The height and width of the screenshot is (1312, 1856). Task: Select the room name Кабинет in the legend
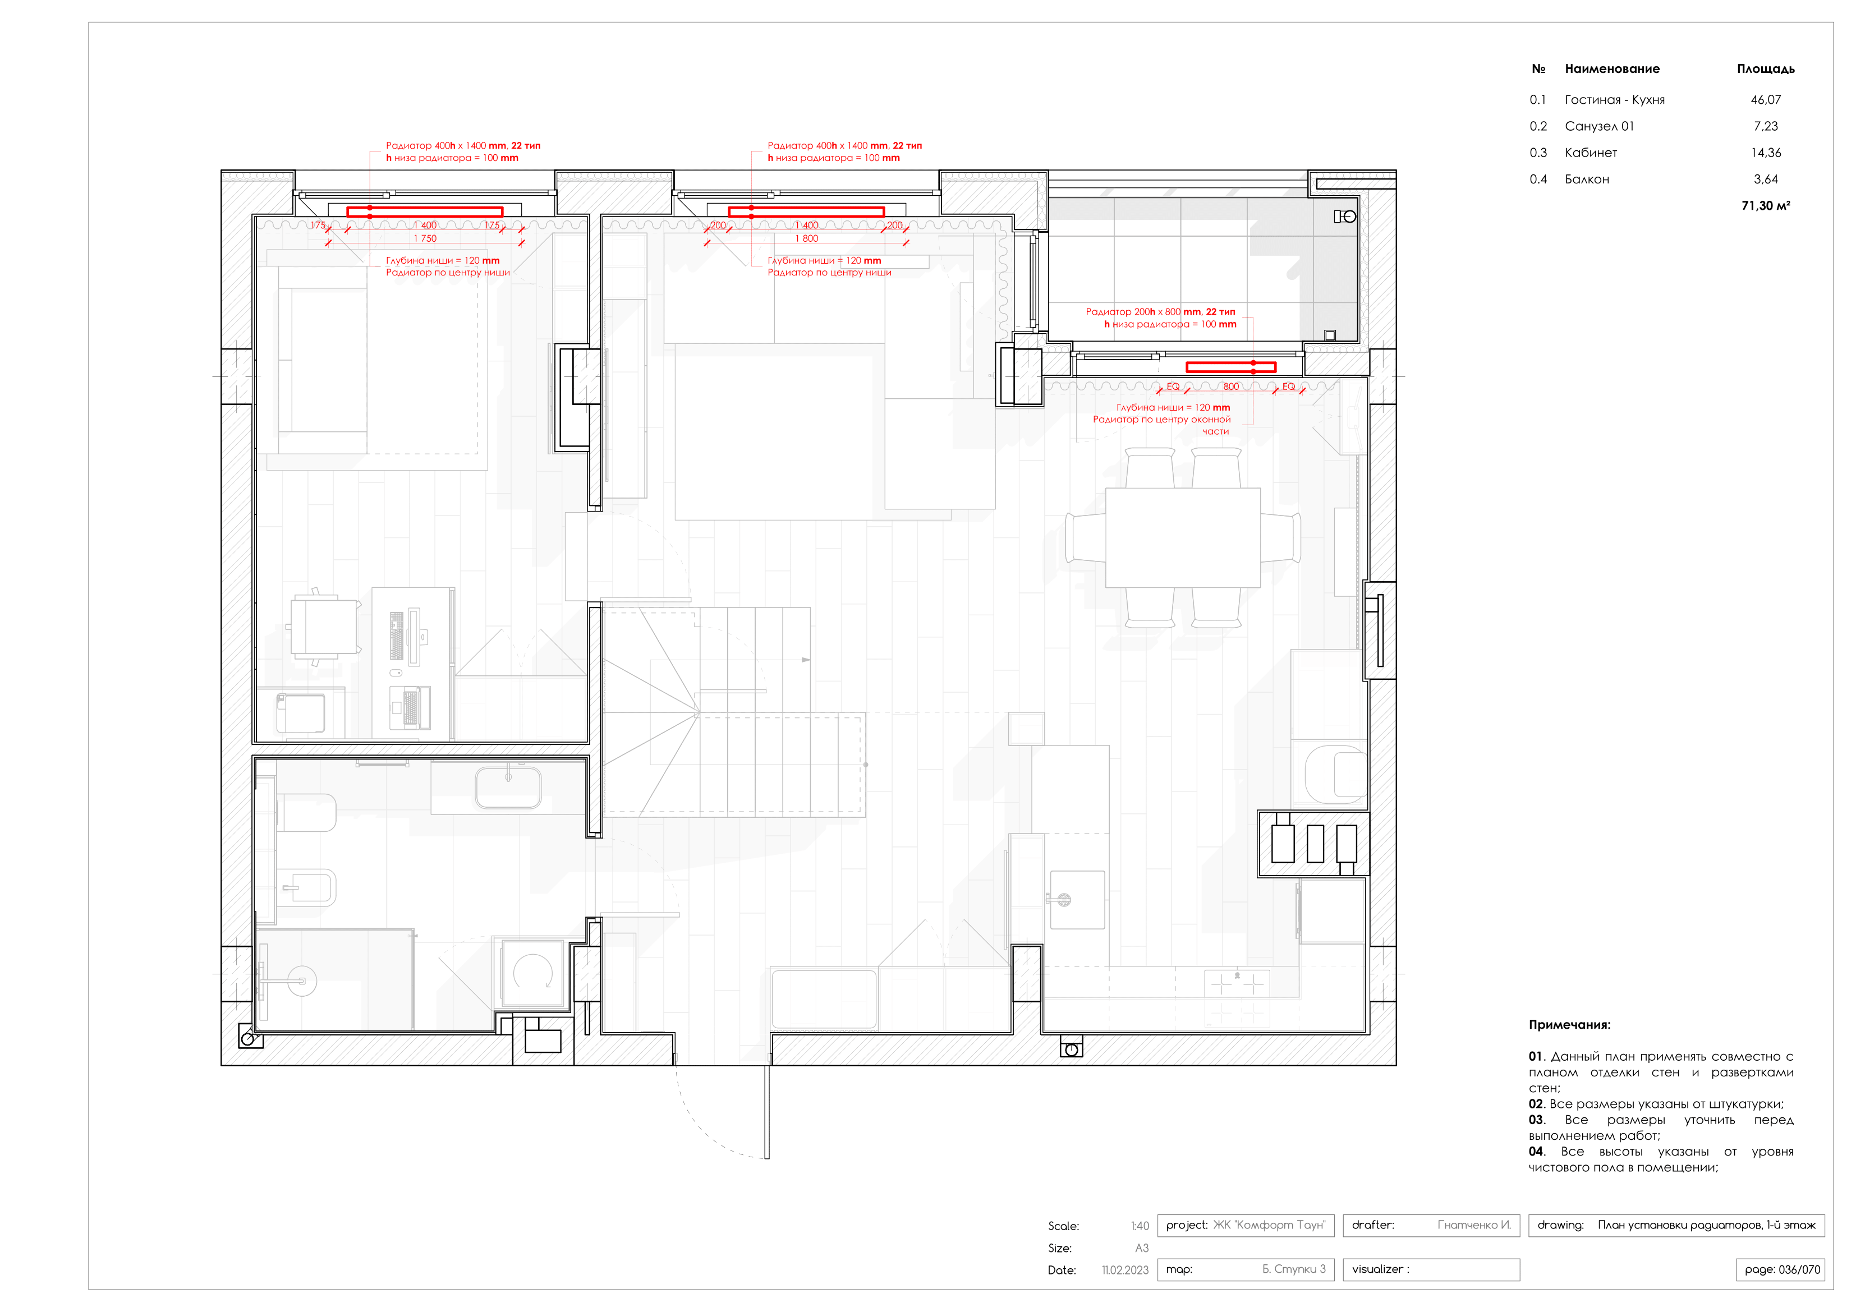(1590, 153)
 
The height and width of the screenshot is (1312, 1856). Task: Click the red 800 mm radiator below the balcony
(1230, 367)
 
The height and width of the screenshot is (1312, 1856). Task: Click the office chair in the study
(325, 627)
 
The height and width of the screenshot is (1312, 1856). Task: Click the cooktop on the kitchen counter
(1236, 984)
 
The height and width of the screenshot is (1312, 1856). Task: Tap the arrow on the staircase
(805, 660)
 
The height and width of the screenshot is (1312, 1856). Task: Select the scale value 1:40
(1139, 1226)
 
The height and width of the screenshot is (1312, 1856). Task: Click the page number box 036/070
(1781, 1270)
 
